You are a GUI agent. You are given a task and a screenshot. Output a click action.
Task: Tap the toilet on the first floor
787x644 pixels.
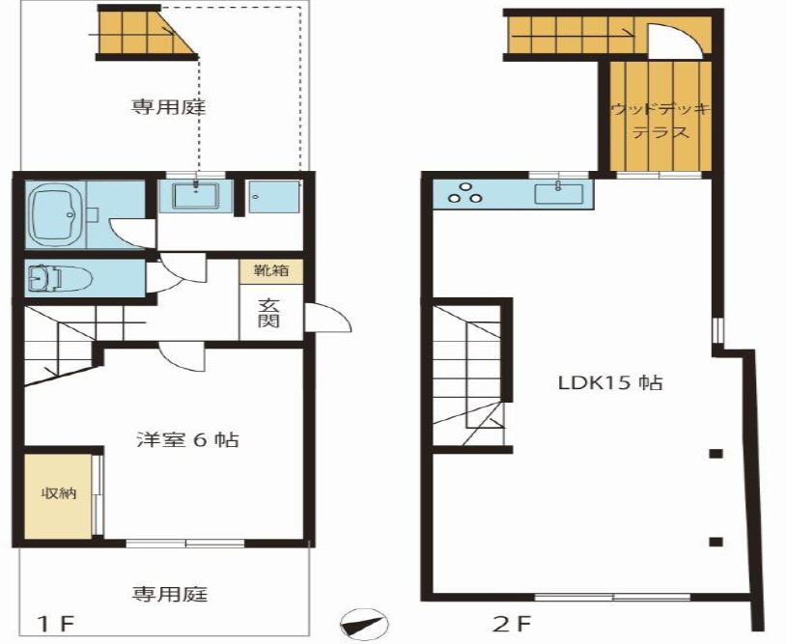(x=61, y=279)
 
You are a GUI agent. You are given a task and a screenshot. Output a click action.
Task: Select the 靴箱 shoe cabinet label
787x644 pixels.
(x=270, y=271)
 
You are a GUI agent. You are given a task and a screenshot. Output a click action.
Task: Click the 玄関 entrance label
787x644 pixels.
(x=269, y=313)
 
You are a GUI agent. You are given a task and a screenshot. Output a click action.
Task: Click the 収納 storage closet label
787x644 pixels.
(x=58, y=493)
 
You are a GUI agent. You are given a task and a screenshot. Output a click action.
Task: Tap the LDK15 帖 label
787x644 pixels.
(x=609, y=382)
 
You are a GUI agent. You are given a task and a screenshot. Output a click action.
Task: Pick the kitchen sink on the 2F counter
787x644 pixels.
(x=559, y=193)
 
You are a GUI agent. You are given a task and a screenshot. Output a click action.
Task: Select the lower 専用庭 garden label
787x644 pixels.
(x=170, y=594)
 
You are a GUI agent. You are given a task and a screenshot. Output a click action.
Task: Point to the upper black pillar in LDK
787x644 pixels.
(x=716, y=453)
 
